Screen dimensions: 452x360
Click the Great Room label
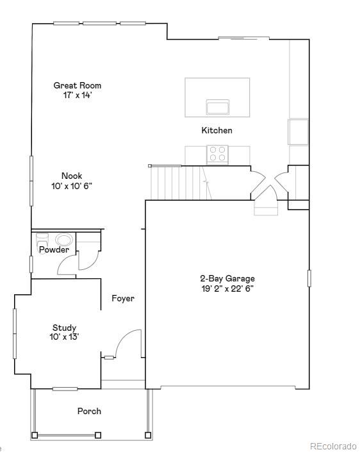point(77,85)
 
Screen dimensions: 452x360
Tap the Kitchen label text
point(217,131)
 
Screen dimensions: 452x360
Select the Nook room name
point(72,176)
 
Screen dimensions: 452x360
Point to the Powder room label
point(54,250)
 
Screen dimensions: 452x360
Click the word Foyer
point(123,299)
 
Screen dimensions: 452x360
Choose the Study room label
point(64,328)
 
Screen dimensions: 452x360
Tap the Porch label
point(89,412)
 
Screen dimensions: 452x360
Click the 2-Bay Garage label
point(227,279)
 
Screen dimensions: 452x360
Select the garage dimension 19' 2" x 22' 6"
point(227,289)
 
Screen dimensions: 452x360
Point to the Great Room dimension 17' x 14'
point(77,95)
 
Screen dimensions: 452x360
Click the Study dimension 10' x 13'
point(64,337)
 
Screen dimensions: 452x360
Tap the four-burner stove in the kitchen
point(217,154)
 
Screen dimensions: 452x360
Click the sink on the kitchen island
point(218,106)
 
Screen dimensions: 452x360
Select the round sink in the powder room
point(64,240)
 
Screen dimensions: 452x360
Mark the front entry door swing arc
point(128,343)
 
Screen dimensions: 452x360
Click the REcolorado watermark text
point(333,446)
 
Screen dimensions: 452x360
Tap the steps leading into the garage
point(265,206)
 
